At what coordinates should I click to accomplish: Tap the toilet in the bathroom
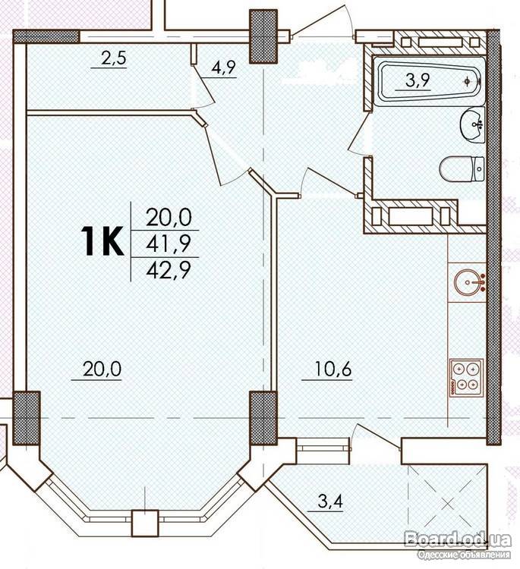462,169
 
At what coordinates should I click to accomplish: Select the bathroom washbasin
472,125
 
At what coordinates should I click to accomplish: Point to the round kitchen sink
470,281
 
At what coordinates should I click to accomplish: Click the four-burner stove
467,376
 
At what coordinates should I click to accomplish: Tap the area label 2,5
114,58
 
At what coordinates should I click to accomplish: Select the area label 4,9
224,68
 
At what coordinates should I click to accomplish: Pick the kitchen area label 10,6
333,369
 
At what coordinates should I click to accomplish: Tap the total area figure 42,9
169,270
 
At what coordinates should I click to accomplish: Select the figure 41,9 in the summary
169,244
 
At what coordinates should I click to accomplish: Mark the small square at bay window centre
145,523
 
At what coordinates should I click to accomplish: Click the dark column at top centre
263,36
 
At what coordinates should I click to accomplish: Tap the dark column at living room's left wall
26,418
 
